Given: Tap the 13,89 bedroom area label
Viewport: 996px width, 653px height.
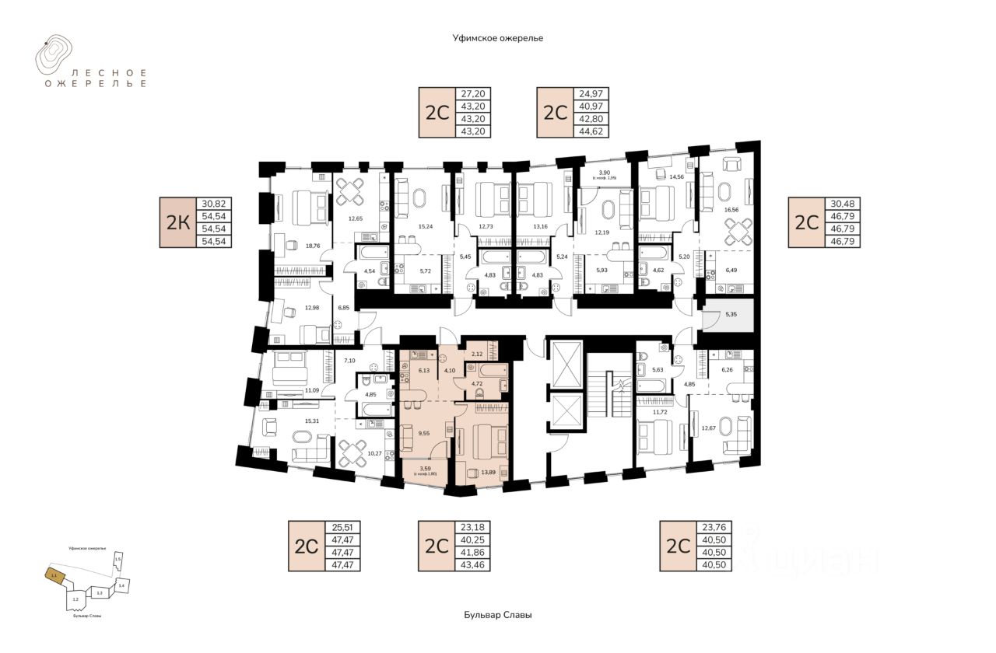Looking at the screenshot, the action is (x=489, y=472).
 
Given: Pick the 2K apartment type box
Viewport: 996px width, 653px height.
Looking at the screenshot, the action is (x=177, y=223).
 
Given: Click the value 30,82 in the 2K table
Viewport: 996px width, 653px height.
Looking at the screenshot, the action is (x=216, y=204).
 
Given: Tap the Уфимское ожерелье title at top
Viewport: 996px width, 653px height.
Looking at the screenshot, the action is (x=497, y=37).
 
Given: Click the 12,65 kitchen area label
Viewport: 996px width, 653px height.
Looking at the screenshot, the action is (x=356, y=218).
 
